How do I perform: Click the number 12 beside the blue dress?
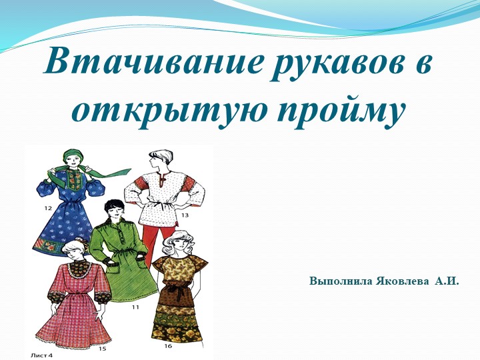tap(48, 208)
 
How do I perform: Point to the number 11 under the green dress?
tap(135, 307)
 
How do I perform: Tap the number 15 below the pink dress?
tap(102, 348)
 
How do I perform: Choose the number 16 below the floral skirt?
tap(168, 346)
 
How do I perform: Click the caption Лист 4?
tap(41, 355)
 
